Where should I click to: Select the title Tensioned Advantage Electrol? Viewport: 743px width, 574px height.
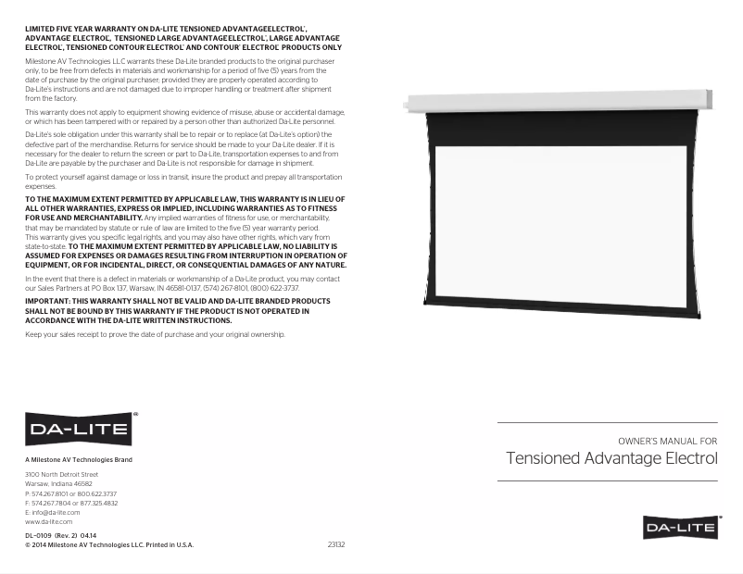tap(612, 458)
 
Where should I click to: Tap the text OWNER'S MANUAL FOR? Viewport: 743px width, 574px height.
tap(667, 441)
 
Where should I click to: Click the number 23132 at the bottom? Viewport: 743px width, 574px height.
tap(336, 544)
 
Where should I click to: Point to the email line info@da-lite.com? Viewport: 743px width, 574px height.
tap(52, 512)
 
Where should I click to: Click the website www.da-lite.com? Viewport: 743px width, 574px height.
tap(48, 522)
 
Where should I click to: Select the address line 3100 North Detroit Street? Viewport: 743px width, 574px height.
tap(61, 474)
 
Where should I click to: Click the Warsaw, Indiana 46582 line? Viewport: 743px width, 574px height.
tap(58, 483)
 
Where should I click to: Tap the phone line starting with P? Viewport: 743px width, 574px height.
tap(70, 493)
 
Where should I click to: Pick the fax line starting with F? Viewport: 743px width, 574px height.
tap(71, 503)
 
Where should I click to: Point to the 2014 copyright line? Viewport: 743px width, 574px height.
tap(109, 545)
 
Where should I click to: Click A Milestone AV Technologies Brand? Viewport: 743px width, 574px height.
tap(79, 460)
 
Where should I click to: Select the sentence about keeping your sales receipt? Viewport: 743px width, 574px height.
tap(155, 334)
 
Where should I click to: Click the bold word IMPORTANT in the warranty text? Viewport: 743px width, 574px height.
tap(46, 301)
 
